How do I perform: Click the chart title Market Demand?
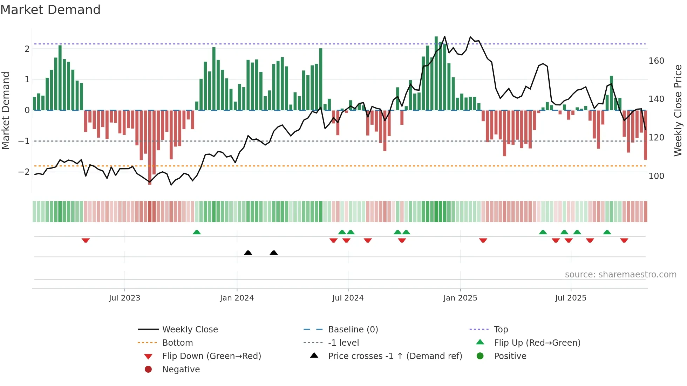pos(50,10)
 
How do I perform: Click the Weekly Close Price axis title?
pos(678,110)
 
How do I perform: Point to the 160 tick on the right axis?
pos(656,61)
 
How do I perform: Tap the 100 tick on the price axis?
pos(656,176)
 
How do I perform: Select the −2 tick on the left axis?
pos(24,172)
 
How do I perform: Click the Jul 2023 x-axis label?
pos(124,298)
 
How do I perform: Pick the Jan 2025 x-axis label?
pos(460,298)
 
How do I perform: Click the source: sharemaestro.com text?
pos(620,275)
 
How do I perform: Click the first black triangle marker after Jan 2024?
pos(248,253)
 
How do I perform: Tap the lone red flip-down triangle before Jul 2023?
pos(86,240)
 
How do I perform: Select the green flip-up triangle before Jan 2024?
pos(197,232)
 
